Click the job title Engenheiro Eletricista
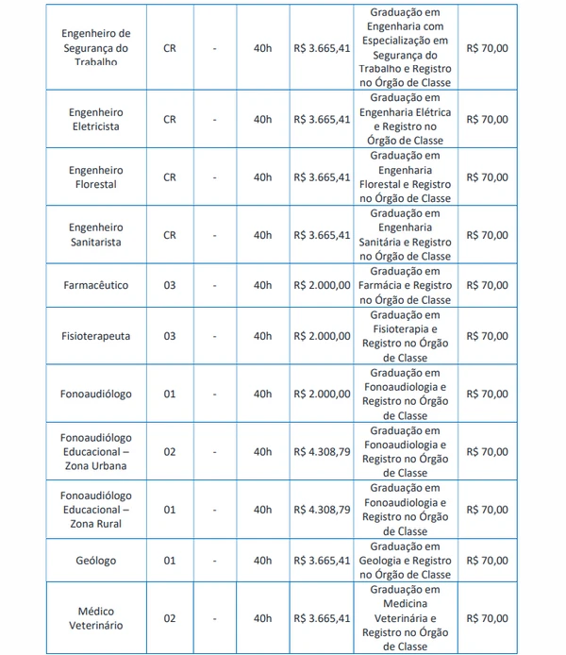pos(95,119)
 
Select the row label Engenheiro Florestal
pos(95,176)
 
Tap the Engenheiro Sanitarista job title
pos(95,235)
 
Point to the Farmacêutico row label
pos(95,285)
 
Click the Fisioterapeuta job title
pos(95,336)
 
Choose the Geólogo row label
pos(95,561)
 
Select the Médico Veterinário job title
pos(95,618)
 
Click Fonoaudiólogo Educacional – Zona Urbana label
pos(95,451)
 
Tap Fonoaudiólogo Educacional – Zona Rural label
pos(95,510)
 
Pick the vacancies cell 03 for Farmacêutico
pos(170,285)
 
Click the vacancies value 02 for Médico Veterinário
pos(170,618)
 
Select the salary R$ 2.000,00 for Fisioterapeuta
pos(322,336)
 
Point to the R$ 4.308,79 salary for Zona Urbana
pos(322,452)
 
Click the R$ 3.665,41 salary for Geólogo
pos(322,561)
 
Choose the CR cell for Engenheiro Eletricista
pos(170,120)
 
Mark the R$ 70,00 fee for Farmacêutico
pos(488,285)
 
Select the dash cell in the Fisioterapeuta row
pos(215,336)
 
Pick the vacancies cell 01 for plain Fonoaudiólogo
pos(170,394)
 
